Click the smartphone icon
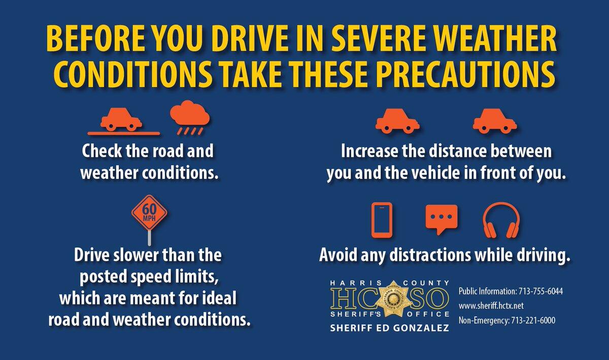click(x=382, y=220)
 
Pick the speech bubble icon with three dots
click(x=441, y=219)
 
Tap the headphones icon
click(x=500, y=220)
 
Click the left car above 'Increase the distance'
click(x=397, y=121)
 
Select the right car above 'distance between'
click(x=494, y=121)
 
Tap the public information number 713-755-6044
click(x=540, y=292)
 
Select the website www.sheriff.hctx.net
click(x=491, y=306)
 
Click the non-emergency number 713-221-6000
click(x=539, y=320)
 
